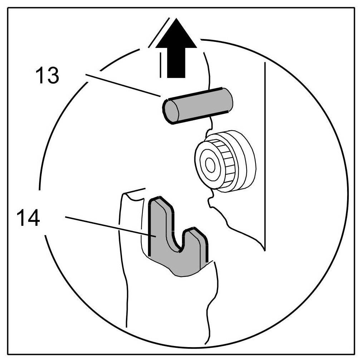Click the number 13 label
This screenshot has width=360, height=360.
tap(47, 76)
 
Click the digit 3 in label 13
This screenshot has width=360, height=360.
tap(53, 76)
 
